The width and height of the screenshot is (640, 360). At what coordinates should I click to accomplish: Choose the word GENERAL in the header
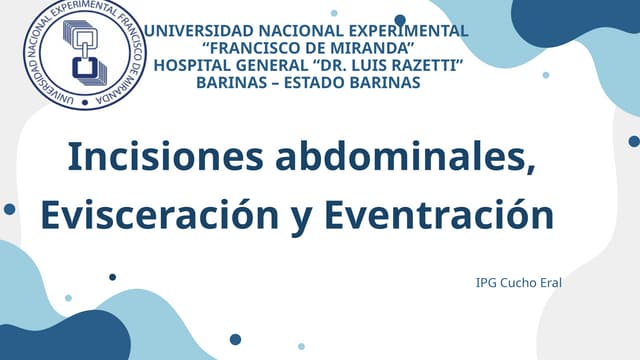pyautogui.click(x=275, y=64)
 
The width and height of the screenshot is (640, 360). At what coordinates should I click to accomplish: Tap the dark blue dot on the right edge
pyautogui.click(x=634, y=142)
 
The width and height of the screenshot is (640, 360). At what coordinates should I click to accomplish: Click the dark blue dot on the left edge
pyautogui.click(x=9, y=209)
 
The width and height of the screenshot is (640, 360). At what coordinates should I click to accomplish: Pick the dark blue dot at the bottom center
pyautogui.click(x=235, y=339)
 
